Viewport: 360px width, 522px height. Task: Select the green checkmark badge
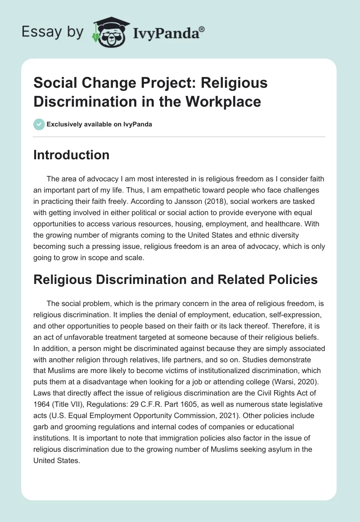pos(39,124)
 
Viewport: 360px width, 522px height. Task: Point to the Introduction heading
pos(72,155)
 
